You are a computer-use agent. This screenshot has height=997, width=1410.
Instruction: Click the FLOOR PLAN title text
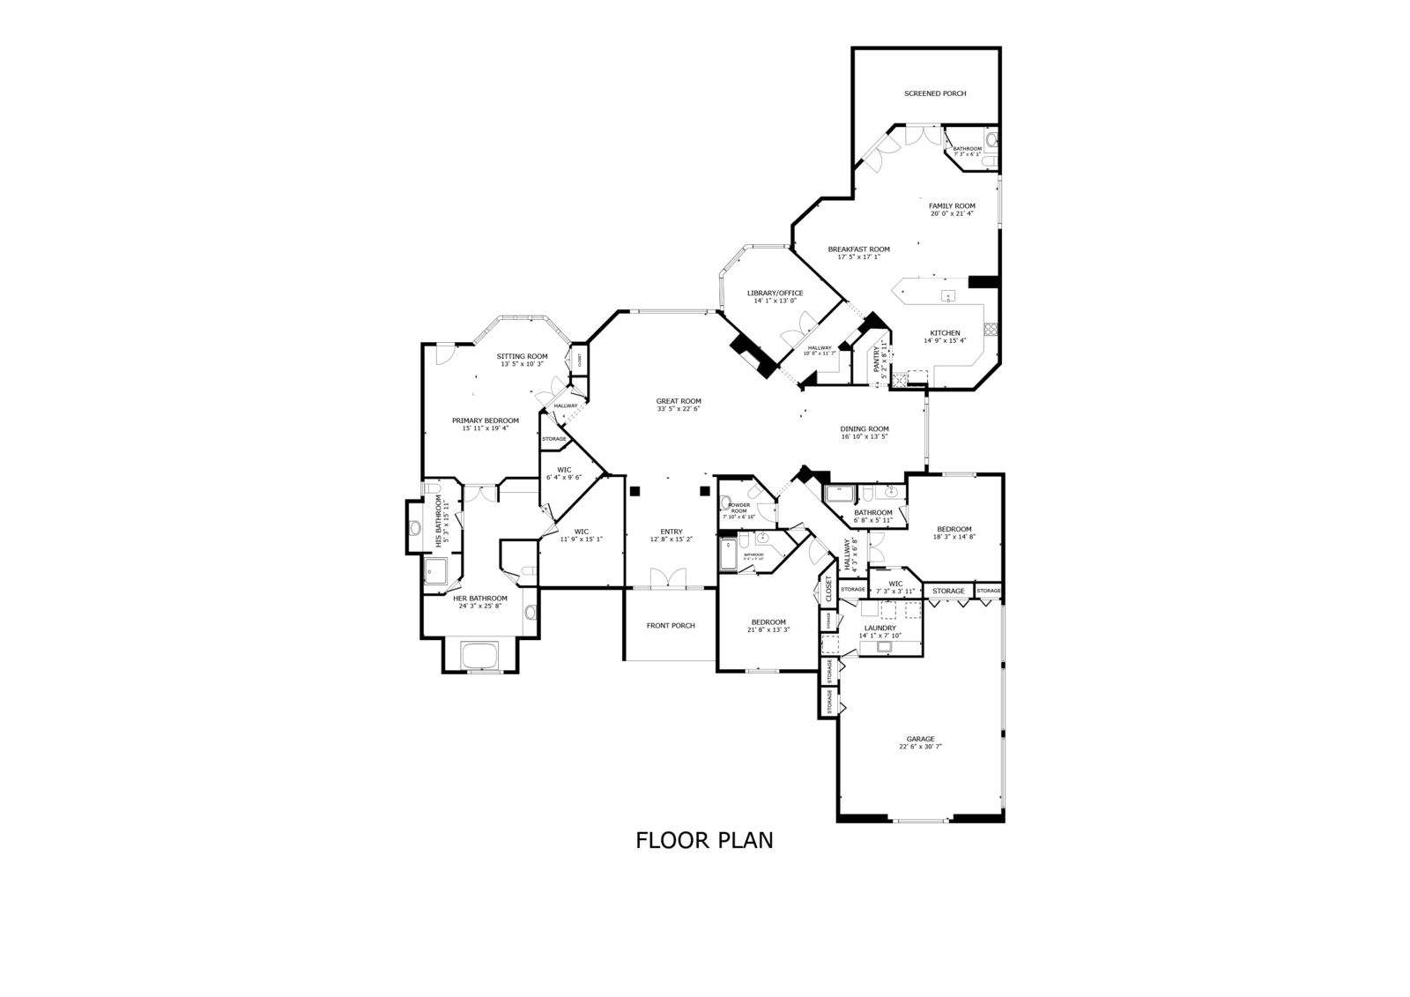coord(704,840)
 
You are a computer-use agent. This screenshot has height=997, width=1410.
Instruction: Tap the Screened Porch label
coord(935,93)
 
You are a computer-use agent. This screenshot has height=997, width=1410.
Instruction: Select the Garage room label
coord(921,739)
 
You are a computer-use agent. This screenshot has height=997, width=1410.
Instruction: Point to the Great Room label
coord(679,401)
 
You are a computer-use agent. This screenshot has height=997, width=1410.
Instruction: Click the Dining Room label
coord(865,429)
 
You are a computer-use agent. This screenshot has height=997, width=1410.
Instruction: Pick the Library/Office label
coord(775,293)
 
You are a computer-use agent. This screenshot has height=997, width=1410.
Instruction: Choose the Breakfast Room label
coord(858,249)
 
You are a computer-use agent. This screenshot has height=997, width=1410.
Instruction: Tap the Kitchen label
coord(945,333)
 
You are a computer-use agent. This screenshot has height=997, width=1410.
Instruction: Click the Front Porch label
coord(671,626)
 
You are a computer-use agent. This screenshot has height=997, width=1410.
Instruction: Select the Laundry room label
coord(879,628)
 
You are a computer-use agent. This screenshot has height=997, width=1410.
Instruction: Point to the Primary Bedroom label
coord(486,420)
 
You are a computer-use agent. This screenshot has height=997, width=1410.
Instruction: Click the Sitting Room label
coord(522,356)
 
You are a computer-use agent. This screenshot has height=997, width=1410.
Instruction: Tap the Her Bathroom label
coord(480,599)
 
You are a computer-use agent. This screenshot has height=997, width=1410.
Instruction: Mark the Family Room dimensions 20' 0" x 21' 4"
coord(952,213)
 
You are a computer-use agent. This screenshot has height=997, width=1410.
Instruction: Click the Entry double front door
coord(668,578)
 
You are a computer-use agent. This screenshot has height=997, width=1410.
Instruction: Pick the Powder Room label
coord(738,508)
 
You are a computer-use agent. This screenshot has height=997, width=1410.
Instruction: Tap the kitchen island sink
coord(948,295)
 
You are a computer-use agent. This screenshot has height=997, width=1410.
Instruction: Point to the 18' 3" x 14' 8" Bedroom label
coord(954,529)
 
